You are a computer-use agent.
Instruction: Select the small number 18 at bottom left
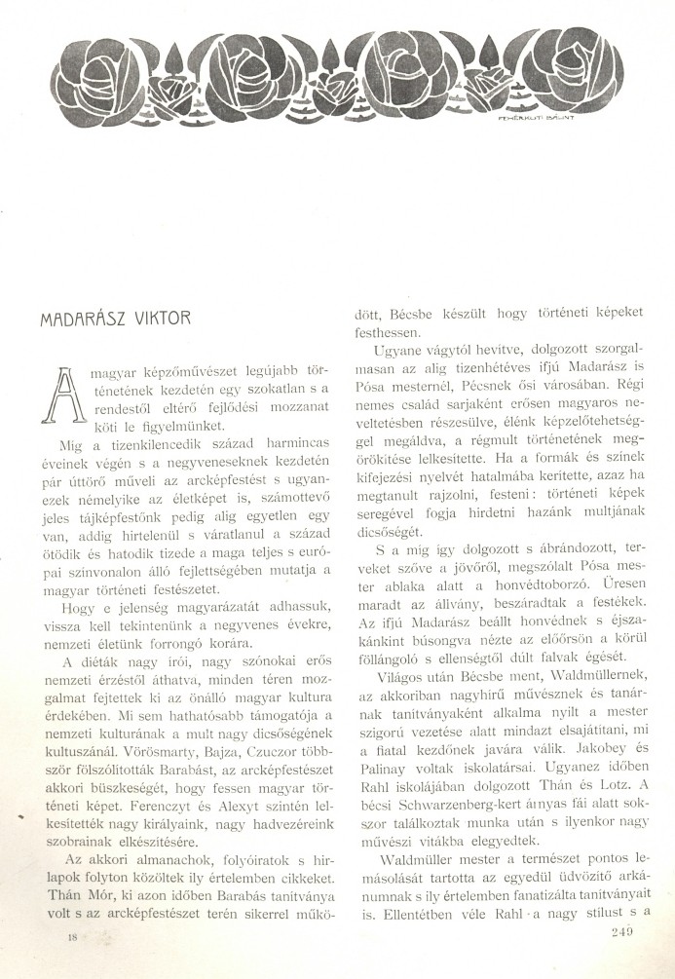(71, 936)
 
